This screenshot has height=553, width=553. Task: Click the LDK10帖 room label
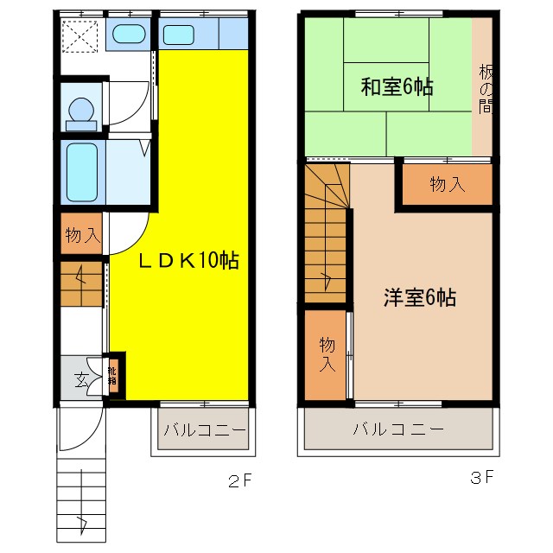coord(189,259)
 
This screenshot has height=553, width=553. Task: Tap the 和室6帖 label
coord(397,86)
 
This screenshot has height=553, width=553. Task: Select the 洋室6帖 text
coord(420,298)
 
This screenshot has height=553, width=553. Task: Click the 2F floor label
coord(239,477)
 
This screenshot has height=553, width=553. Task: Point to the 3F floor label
coord(481,477)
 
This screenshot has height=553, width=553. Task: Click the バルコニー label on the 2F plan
coord(204,429)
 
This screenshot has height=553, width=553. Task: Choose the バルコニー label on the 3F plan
coord(398,429)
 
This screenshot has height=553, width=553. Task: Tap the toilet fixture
coord(81,111)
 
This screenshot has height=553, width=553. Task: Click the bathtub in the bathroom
coord(82,171)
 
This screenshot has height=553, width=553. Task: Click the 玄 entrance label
coord(79,378)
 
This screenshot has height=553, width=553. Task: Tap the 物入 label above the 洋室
coord(447,184)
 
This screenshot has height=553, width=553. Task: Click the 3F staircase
coord(326,242)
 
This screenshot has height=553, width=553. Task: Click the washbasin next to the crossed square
coord(130,35)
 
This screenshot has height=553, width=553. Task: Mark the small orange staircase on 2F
coord(81,283)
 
